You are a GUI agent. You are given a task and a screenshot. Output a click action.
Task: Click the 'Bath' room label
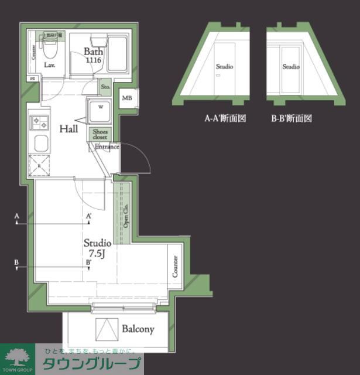coord(93,51)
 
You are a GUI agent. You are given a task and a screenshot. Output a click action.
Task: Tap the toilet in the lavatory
coord(49,43)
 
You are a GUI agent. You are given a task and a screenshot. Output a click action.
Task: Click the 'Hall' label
coord(69,128)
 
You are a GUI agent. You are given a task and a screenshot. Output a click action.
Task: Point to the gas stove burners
coord(41,122)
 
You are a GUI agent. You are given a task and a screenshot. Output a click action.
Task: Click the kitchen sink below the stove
coord(40,144)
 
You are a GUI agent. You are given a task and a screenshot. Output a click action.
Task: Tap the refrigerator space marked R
coord(40,166)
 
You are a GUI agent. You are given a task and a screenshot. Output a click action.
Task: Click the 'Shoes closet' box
coord(100,134)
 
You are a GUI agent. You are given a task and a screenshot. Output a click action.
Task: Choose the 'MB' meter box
coord(127,98)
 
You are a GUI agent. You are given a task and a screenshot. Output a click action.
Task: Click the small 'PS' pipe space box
coord(32,78)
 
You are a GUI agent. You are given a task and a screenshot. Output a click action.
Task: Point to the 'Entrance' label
coord(107,146)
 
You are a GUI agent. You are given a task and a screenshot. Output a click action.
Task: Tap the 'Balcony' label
coord(138,329)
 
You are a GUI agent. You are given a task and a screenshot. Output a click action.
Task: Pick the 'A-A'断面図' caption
coord(225,118)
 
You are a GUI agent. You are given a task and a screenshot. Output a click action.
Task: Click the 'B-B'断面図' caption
coord(292,118)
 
